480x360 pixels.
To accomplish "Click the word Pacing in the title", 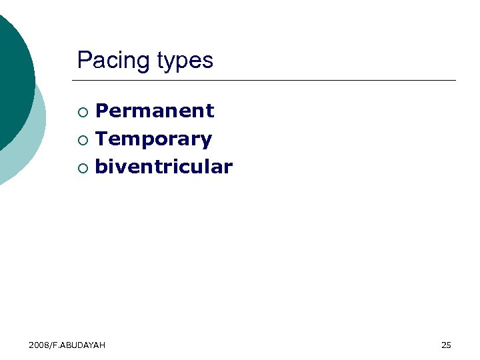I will click(x=114, y=61).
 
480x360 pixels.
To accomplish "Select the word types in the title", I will click(x=185, y=61).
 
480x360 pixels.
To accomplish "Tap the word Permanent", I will click(x=155, y=111).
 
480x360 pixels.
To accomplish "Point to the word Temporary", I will click(x=153, y=139).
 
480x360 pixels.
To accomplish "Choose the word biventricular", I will click(x=163, y=167).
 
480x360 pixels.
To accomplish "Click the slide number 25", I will click(x=446, y=345).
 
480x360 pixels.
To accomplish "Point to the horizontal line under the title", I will click(x=267, y=81).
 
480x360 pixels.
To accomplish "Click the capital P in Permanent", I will click(x=102, y=111).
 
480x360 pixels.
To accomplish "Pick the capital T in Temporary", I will click(x=102, y=139).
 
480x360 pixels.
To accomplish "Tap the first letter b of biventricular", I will click(x=101, y=167).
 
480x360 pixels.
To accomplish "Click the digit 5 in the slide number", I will click(x=449, y=345).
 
